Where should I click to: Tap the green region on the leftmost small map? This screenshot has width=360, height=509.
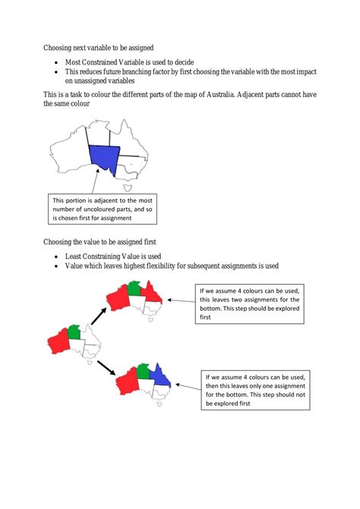click(74, 331)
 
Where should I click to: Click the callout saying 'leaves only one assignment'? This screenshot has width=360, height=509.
click(256, 390)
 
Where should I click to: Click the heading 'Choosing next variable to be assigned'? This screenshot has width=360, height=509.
click(109, 47)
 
